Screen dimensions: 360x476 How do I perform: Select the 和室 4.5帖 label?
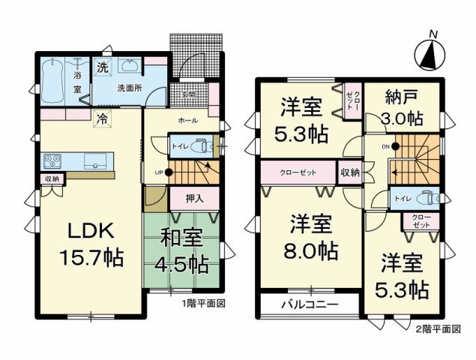[x=183, y=253]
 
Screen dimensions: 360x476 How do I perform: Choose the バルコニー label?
[x=309, y=305]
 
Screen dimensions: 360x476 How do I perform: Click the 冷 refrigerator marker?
[x=100, y=118]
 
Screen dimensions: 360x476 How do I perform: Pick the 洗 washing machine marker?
[x=103, y=66]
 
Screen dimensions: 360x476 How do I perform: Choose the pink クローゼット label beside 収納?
[x=297, y=172]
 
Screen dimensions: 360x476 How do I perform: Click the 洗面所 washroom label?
[x=130, y=88]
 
